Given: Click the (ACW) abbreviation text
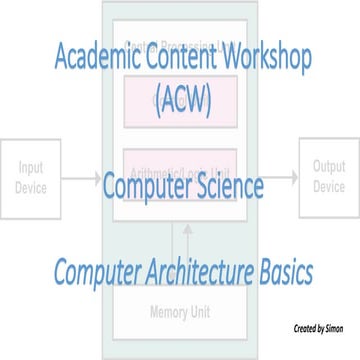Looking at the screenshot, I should tap(181, 100).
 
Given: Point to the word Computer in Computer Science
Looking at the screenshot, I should tap(145, 187).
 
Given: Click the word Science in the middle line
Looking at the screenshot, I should tap(228, 187).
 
